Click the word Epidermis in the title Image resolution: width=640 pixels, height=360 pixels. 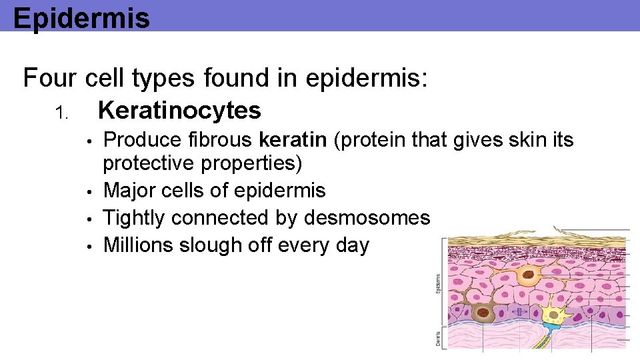coord(81,18)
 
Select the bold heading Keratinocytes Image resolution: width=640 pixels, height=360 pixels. coord(179,111)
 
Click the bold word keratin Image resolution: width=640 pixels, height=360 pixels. coord(291,139)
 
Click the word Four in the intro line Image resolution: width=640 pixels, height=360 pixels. coord(51,79)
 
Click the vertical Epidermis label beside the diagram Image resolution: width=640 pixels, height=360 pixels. coord(438,283)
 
